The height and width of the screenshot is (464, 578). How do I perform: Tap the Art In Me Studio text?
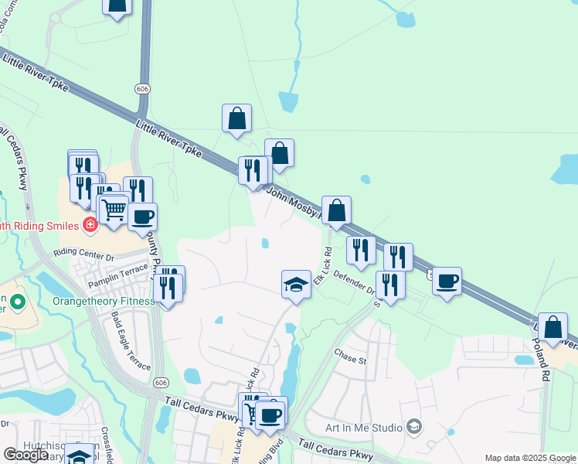pos(362,427)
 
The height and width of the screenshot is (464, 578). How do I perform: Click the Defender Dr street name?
pos(354,282)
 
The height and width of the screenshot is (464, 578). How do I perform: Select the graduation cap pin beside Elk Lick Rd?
pos(296,285)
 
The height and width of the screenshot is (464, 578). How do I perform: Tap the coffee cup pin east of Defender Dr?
pos(447,281)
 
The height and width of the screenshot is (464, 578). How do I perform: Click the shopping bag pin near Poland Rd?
pos(553,326)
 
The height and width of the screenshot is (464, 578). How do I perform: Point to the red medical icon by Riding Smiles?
pos(90,225)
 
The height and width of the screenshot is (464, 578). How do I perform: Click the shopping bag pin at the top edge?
pos(117,6)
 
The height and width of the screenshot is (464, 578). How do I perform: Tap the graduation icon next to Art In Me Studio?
pos(414,427)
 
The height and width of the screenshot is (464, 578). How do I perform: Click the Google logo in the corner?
pos(26,455)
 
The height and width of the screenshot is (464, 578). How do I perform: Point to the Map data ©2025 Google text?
pos(530,458)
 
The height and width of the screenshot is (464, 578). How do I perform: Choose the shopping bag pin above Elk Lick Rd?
pos(337,210)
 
